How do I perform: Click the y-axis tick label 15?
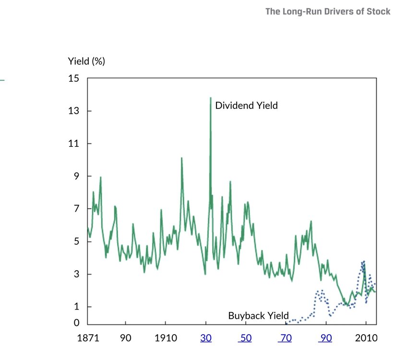coord(74,78)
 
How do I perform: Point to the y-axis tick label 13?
coord(74,111)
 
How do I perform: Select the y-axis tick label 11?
coord(74,144)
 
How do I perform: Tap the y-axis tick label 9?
coord(76,176)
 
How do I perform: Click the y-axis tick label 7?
coord(76,209)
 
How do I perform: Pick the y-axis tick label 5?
coord(76,241)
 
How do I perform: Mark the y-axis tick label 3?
coord(76,274)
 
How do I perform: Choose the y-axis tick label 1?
coord(76,307)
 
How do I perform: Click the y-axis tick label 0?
coord(76,323)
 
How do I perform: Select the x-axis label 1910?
coord(165,338)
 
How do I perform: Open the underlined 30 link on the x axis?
coord(206,338)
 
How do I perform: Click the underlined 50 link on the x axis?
coord(245,338)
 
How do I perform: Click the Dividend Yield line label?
coord(246,106)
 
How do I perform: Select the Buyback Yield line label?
coord(258,316)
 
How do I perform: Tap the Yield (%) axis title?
coord(86,61)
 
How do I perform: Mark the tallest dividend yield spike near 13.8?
coord(210,98)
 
